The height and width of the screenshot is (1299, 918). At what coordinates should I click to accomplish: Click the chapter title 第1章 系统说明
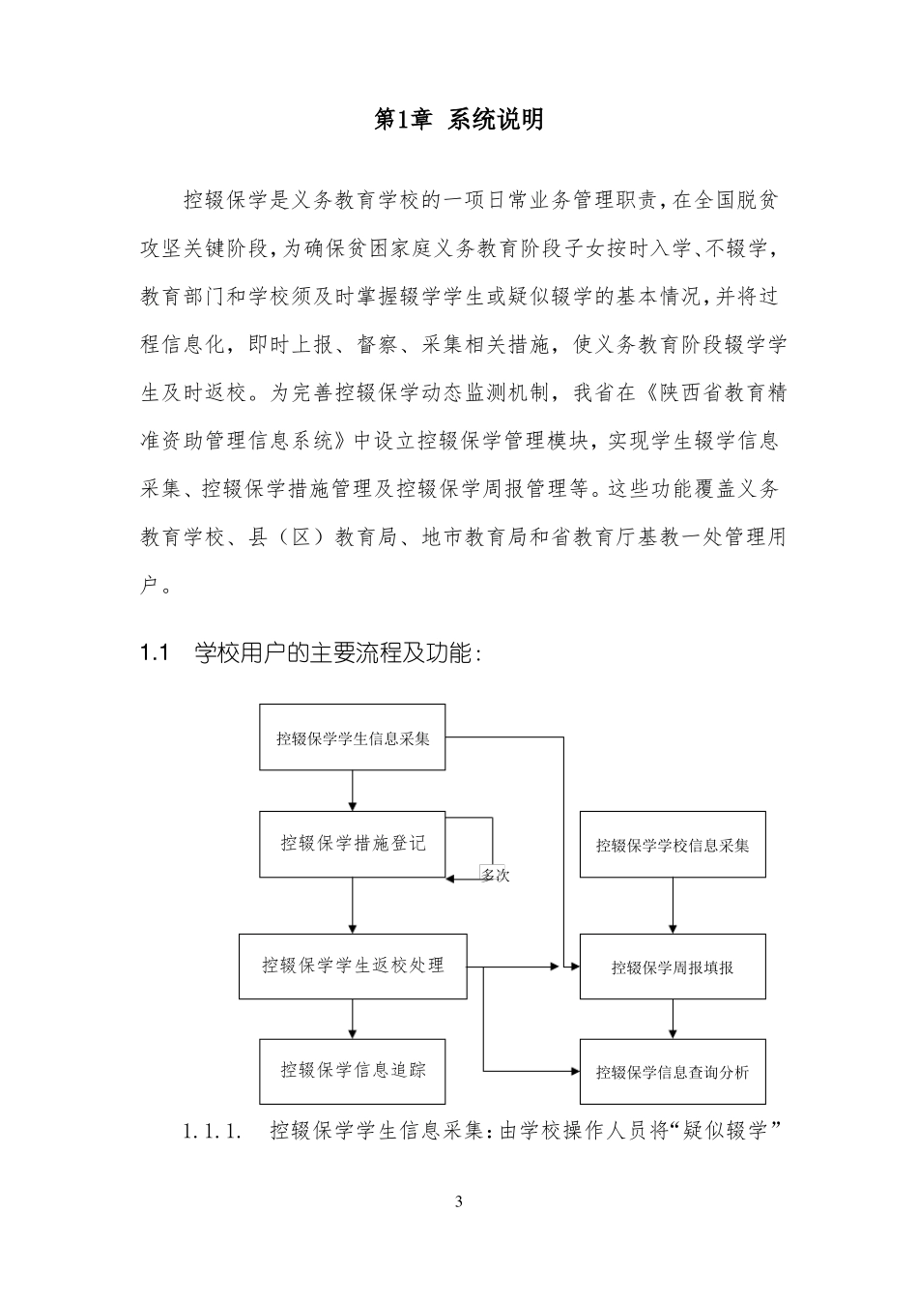pos(458,120)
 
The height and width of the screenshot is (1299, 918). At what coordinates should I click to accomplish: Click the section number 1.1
pos(155,653)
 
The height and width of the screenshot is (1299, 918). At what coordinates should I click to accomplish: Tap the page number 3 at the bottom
pos(459,1201)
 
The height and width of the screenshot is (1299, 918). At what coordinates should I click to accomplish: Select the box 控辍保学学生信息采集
pos(352,738)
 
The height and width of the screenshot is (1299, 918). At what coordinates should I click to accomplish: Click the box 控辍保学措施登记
pos(352,843)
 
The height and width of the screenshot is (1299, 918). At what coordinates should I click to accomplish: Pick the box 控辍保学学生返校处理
pos(352,966)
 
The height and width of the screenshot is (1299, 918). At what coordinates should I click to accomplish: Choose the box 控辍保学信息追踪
pos(352,1071)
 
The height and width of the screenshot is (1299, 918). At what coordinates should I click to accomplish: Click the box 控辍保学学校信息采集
pos(672,845)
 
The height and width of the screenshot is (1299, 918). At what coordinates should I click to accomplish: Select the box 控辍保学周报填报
pos(672,967)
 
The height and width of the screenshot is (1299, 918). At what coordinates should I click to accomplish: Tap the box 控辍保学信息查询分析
pos(672,1072)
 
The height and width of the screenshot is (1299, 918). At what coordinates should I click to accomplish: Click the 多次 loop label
pos(495,876)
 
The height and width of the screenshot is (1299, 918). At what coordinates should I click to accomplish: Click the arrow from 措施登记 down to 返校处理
pos(352,905)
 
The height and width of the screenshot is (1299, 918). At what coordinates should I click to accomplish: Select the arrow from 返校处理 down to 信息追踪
pos(352,1019)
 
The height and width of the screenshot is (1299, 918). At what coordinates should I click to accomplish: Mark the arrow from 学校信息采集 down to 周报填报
pos(673,906)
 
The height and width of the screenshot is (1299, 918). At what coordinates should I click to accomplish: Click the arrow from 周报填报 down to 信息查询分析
pos(673,1019)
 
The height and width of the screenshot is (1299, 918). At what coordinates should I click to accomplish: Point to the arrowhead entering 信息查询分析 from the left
pos(573,1071)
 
